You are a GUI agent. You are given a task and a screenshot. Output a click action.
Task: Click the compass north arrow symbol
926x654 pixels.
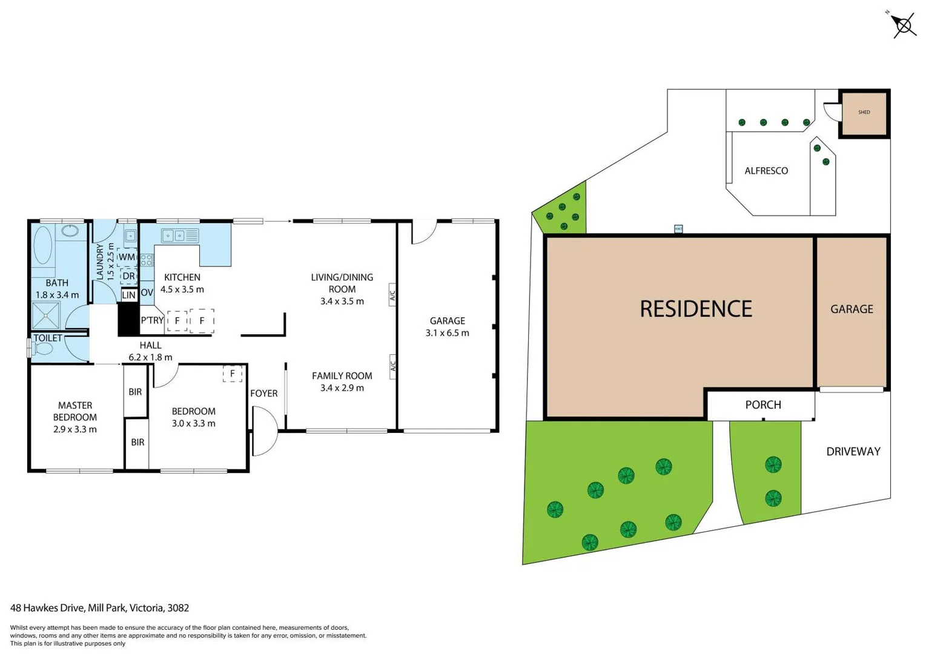click(903, 25)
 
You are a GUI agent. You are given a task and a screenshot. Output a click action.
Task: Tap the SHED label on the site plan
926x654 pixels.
click(864, 112)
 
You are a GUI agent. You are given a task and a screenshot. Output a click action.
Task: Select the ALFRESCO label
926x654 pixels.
click(766, 171)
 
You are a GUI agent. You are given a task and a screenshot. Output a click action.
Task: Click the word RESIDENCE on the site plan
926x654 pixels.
click(695, 309)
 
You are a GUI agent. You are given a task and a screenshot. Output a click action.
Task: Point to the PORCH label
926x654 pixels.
click(762, 405)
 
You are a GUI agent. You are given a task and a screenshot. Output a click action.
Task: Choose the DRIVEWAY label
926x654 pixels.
click(853, 451)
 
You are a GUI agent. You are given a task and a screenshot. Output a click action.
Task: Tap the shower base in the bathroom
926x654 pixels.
click(46, 315)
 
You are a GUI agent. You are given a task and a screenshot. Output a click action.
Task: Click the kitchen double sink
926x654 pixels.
click(174, 235)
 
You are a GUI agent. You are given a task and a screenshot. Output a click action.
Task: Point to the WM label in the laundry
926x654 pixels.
click(127, 257)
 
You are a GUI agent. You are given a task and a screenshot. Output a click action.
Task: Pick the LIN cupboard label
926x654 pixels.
click(128, 296)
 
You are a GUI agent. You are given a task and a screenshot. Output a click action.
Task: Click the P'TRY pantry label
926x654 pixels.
click(152, 320)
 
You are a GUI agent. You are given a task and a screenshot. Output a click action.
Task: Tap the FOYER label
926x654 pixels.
click(263, 394)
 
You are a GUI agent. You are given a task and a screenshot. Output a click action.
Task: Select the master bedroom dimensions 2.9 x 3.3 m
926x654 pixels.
click(74, 429)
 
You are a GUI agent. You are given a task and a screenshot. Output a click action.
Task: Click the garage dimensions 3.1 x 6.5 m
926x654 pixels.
click(447, 332)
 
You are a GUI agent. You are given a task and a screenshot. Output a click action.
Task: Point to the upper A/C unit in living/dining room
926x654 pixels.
click(392, 295)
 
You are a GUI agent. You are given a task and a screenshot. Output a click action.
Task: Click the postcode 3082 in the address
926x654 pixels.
click(178, 608)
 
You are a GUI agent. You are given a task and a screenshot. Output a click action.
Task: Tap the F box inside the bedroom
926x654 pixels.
click(232, 374)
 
